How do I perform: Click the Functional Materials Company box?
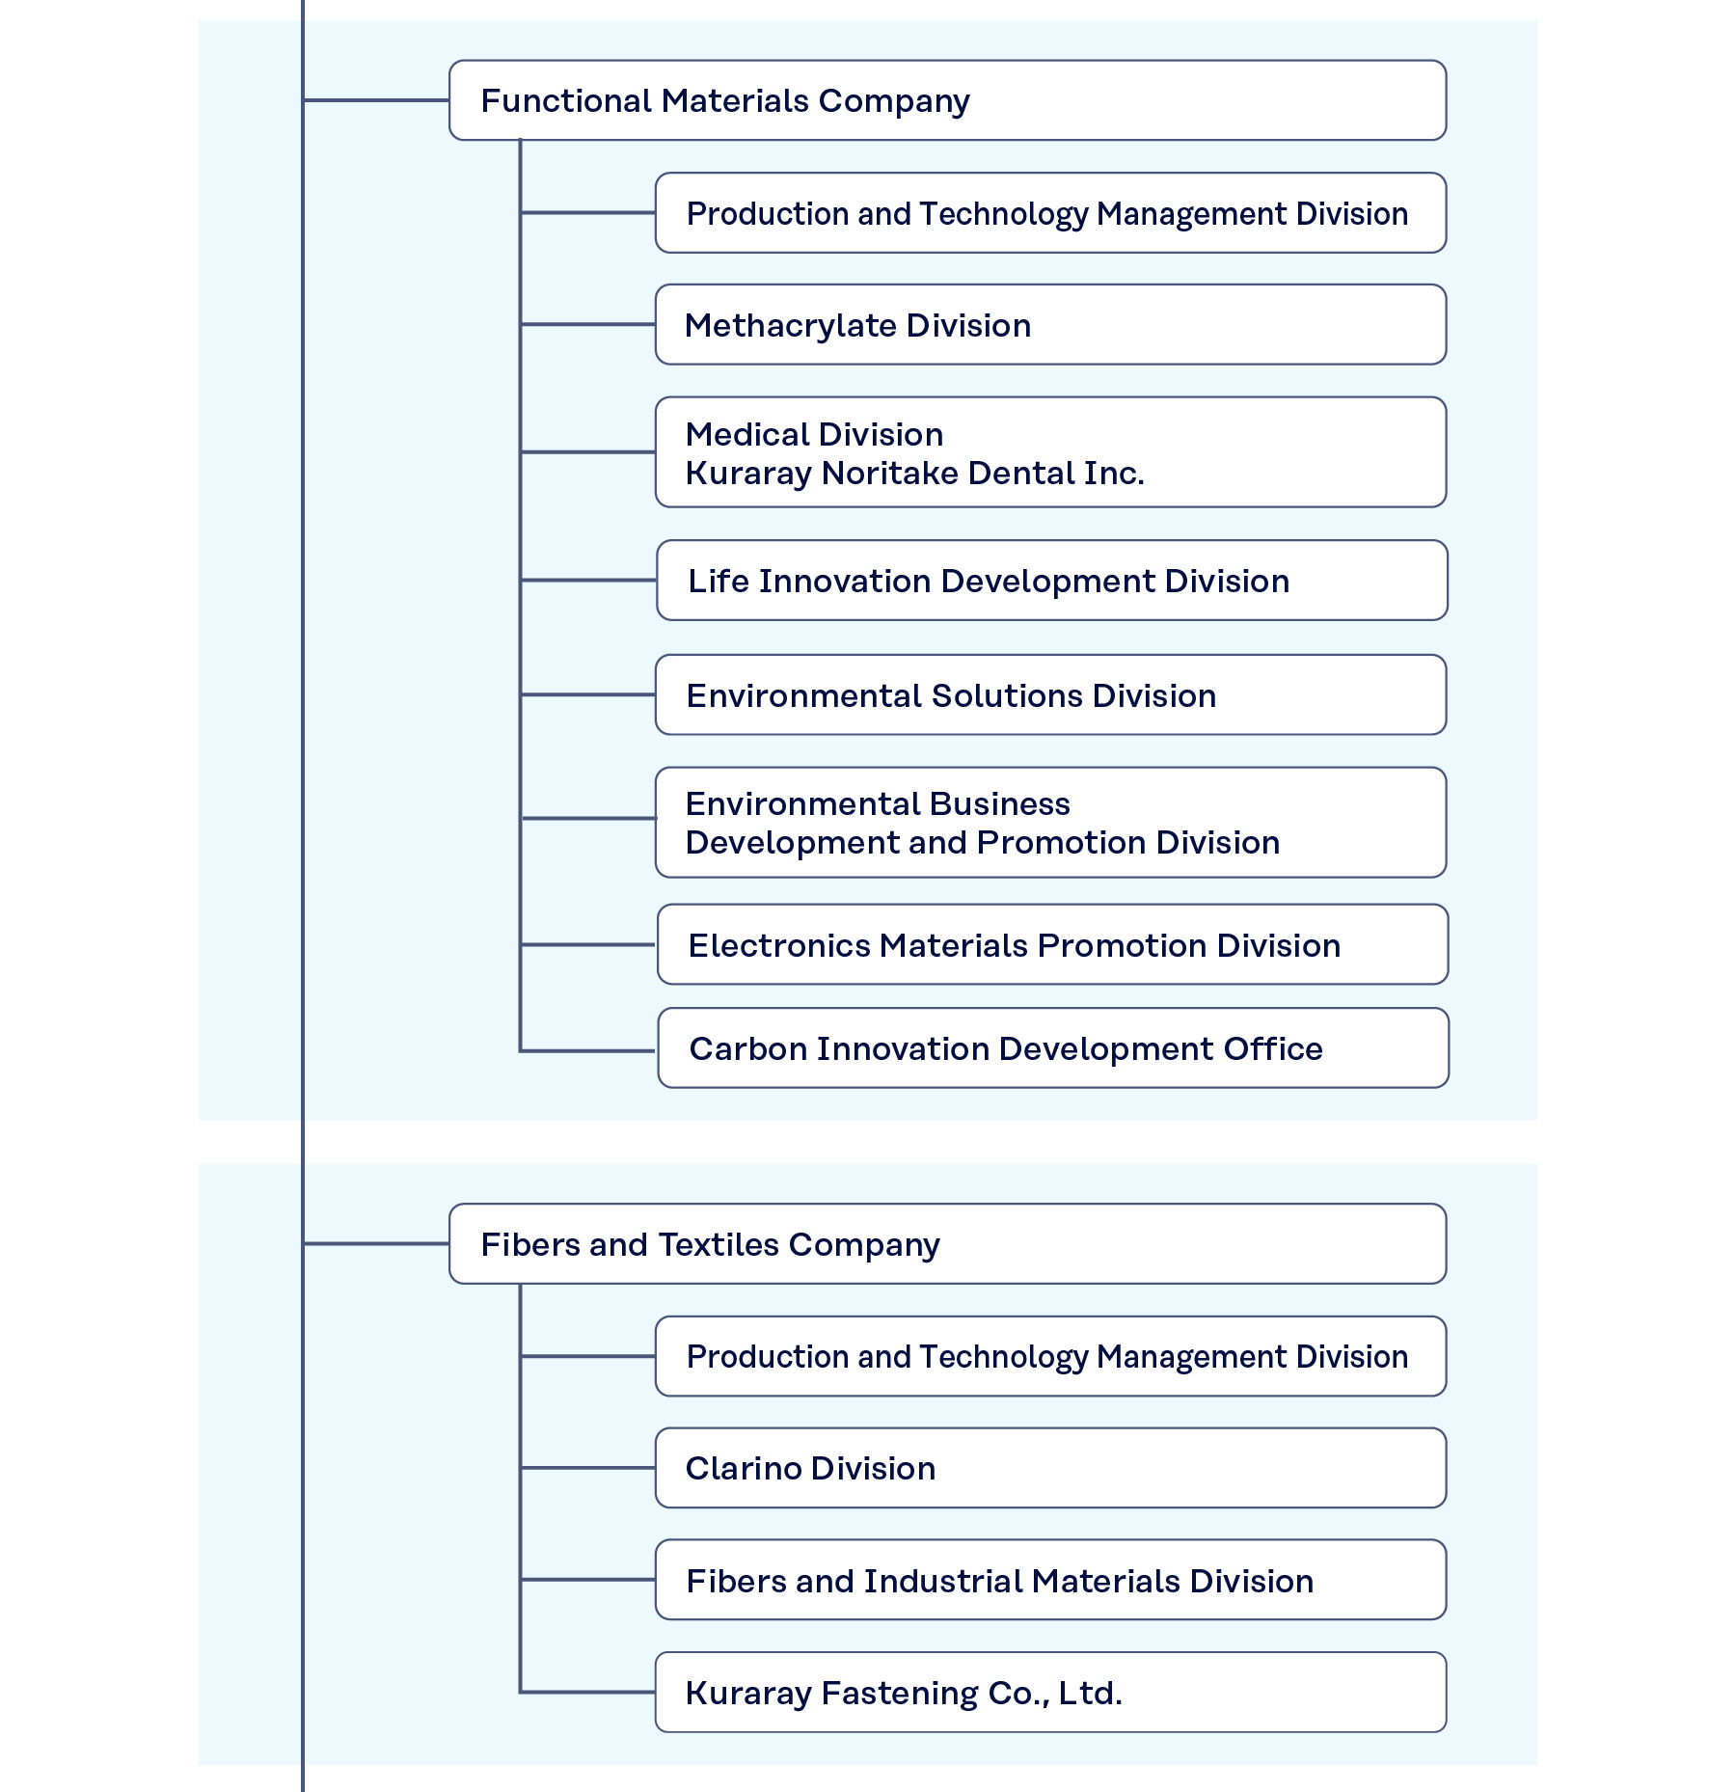click(946, 100)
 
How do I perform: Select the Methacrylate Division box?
click(1049, 325)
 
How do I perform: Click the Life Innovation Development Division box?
click(1050, 581)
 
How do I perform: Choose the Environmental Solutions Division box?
click(1049, 695)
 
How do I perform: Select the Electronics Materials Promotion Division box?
click(1051, 945)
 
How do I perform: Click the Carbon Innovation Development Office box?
click(1052, 1048)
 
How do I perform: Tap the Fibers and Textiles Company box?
click(946, 1244)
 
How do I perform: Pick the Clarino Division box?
click(1049, 1468)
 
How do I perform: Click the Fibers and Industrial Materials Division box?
click(1049, 1581)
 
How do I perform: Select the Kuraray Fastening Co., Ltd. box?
click(1049, 1693)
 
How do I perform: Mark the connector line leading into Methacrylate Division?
click(588, 325)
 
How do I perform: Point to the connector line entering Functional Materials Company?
click(376, 100)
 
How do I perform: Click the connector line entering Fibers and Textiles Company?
click(376, 1244)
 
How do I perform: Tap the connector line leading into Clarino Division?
click(588, 1468)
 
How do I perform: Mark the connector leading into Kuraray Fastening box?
click(588, 1693)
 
